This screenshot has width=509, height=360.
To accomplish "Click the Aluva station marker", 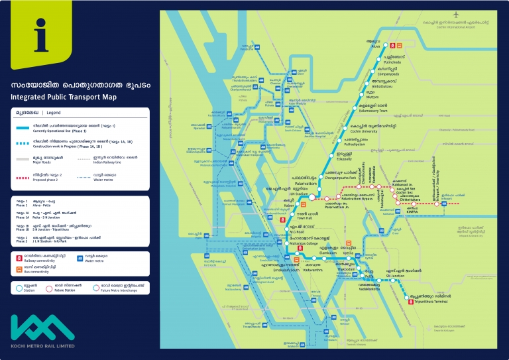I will (x=382, y=46).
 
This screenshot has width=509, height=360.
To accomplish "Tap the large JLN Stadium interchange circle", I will (x=311, y=196).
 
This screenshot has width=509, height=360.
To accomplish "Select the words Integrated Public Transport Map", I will (x=64, y=97).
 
